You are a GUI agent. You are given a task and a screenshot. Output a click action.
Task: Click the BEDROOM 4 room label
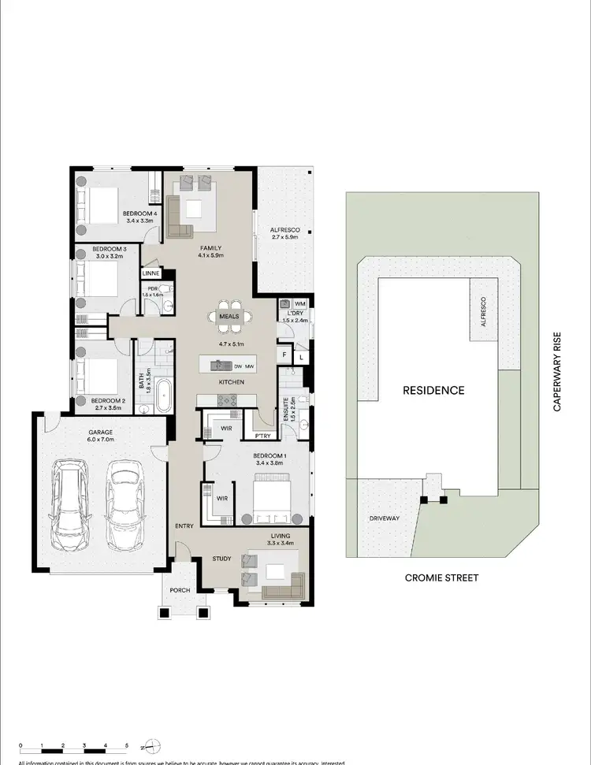pos(139,214)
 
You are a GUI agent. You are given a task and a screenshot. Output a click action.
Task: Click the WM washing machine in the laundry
pos(299,303)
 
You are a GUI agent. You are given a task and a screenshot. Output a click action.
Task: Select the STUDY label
pos(221,559)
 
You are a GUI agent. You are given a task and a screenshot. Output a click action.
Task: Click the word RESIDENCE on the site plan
pos(433,390)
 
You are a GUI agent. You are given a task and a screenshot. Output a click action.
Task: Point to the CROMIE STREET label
pos(441,577)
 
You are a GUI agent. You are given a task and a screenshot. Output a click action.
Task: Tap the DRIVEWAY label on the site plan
pos(385,518)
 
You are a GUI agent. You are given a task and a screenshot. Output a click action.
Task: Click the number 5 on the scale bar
pos(127,745)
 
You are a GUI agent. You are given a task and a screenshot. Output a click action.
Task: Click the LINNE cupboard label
pos(151,273)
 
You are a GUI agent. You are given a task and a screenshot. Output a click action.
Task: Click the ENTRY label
pos(184,525)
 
